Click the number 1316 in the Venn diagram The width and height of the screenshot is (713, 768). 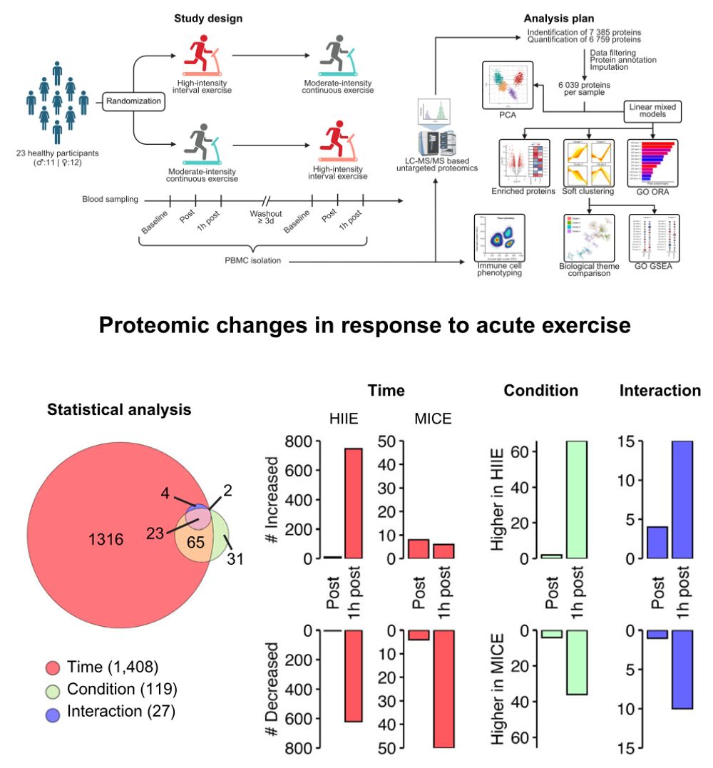pyautogui.click(x=107, y=539)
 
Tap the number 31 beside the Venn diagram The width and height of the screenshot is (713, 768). pyautogui.click(x=234, y=560)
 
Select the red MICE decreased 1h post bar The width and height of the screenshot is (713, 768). pyautogui.click(x=443, y=688)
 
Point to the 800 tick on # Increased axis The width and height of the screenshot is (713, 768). pyautogui.click(x=297, y=441)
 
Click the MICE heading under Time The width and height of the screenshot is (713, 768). pyautogui.click(x=433, y=419)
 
